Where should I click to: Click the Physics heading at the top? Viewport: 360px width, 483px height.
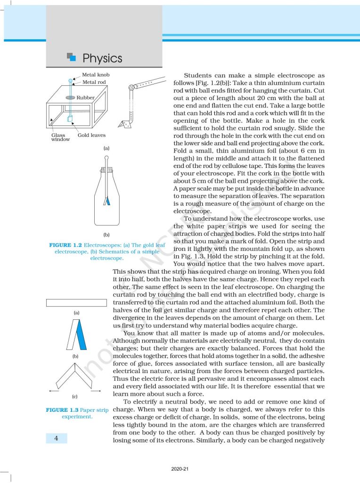(x=102, y=58)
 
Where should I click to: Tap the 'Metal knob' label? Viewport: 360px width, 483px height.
(x=95, y=75)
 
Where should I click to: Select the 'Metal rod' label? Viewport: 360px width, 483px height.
(x=94, y=82)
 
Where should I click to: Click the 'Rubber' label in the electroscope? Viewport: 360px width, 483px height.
(x=86, y=98)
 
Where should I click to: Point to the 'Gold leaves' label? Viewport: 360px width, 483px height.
(x=91, y=135)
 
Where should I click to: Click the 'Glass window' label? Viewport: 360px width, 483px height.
(x=60, y=137)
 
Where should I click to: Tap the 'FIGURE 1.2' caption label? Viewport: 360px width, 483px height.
(x=65, y=246)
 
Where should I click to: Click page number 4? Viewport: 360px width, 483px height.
(x=56, y=439)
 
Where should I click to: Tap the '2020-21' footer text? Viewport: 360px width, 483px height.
(x=180, y=469)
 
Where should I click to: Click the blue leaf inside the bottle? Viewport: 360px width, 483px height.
(x=108, y=200)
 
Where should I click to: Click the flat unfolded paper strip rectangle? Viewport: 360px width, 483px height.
(x=75, y=302)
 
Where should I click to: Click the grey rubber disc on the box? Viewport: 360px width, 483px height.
(x=70, y=97)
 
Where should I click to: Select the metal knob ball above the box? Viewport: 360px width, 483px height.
(x=71, y=81)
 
